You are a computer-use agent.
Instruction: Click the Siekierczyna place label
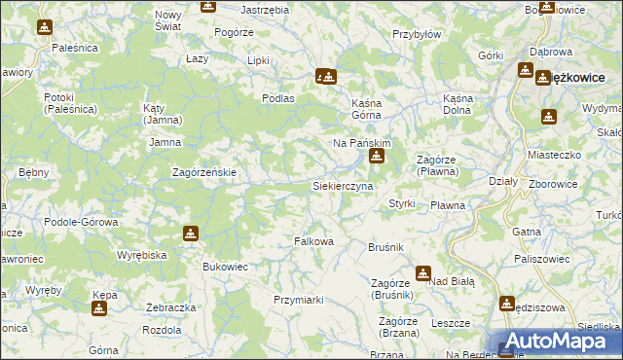(x=342, y=185)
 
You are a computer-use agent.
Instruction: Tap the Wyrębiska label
(x=143, y=254)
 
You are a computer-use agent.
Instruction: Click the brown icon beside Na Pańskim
(x=377, y=156)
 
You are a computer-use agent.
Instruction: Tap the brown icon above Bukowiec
(x=191, y=234)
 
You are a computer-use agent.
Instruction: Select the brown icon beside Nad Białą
(x=424, y=273)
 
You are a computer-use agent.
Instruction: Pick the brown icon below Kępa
(x=98, y=309)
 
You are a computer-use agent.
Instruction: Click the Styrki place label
(x=402, y=204)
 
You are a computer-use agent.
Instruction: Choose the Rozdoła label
(x=161, y=329)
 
